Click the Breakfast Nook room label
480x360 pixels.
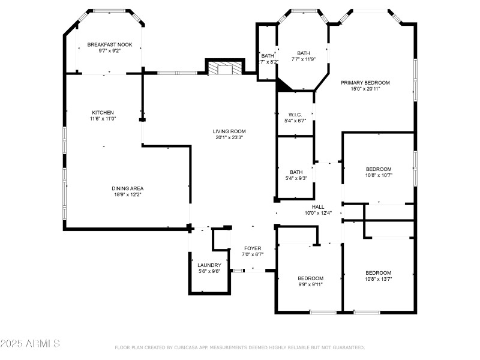click(109, 44)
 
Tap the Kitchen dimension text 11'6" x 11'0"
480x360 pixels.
click(102, 119)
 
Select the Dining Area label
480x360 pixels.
click(127, 188)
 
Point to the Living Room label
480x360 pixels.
click(229, 131)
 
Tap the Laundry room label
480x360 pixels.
click(209, 265)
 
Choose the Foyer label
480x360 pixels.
click(253, 248)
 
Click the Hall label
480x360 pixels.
click(318, 206)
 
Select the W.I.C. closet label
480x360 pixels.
click(295, 114)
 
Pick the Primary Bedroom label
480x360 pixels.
click(365, 82)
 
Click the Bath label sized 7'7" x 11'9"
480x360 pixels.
click(304, 53)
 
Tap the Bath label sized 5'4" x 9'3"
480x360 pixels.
click(296, 172)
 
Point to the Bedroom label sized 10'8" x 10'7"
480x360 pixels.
click(379, 169)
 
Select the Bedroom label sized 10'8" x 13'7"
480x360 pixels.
click(379, 272)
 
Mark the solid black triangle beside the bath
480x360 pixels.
click(283, 86)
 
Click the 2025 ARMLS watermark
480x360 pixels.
click(30, 344)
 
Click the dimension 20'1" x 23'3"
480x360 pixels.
click(229, 137)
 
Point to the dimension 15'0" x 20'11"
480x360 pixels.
click(365, 89)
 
